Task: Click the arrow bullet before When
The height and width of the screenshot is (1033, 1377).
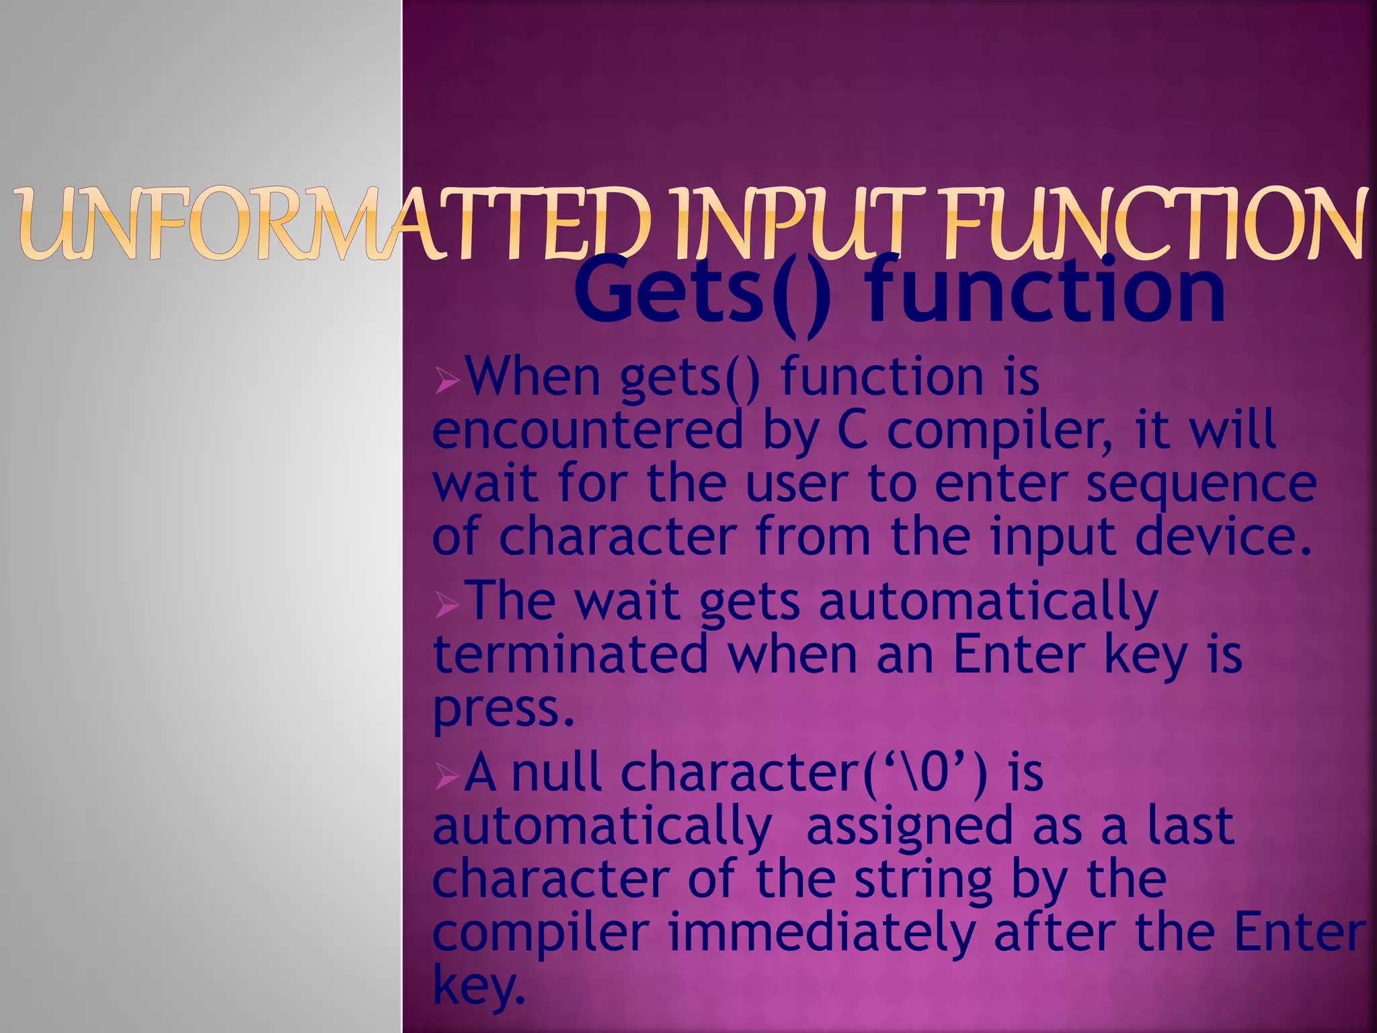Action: point(446,383)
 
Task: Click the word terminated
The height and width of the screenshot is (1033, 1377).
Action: point(572,656)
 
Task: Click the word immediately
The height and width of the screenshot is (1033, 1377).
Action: point(820,933)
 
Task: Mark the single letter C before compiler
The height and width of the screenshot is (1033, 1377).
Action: point(853,431)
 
